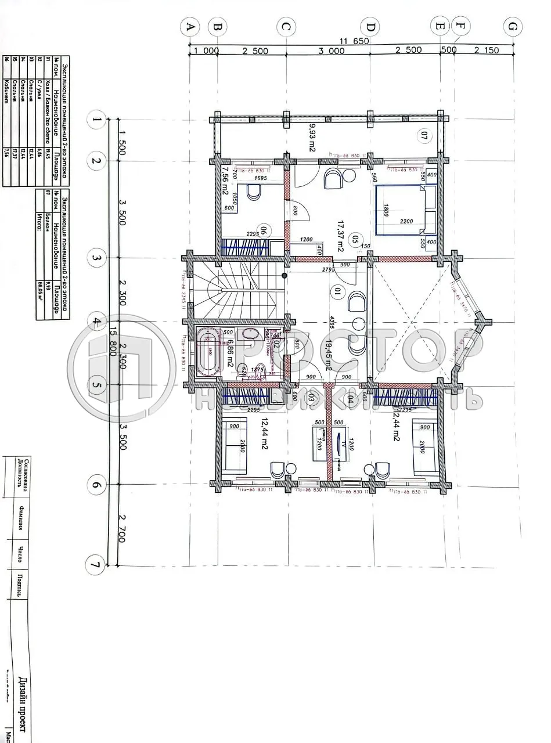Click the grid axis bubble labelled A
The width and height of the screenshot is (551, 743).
[x=190, y=27]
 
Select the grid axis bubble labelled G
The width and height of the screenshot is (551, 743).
[x=512, y=27]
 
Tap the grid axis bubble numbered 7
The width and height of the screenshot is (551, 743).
[x=94, y=564]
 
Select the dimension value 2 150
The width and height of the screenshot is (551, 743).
[x=486, y=51]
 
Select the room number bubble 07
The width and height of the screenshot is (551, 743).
[x=424, y=137]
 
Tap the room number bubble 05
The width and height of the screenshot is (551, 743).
[x=356, y=239]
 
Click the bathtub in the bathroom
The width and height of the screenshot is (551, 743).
[x=207, y=352]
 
